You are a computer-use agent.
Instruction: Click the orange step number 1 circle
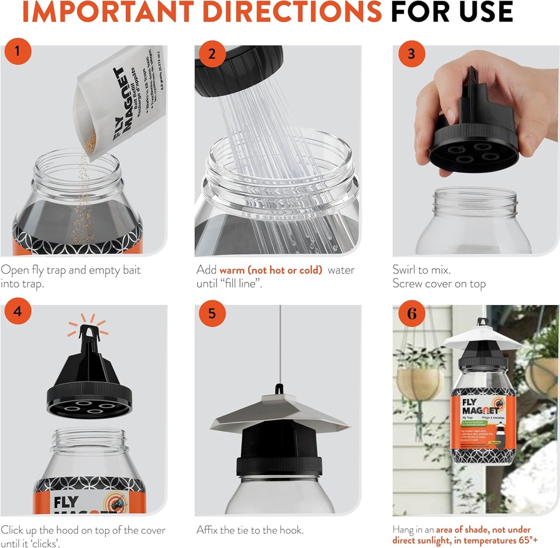[x=17, y=53]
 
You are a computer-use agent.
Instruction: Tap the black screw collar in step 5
[x=279, y=465]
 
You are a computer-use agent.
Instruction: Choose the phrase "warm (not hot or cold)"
[x=271, y=270]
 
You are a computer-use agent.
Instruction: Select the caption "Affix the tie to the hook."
[x=250, y=530]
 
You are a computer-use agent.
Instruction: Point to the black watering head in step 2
[x=238, y=68]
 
